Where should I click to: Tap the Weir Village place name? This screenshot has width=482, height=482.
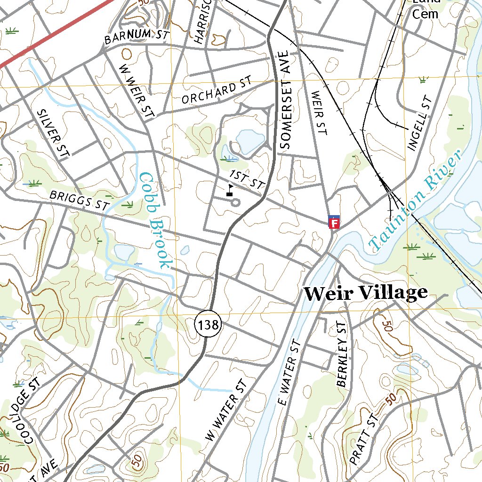point(365,293)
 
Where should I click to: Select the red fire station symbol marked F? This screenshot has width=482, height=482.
point(334,223)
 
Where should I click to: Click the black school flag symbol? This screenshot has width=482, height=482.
point(230,190)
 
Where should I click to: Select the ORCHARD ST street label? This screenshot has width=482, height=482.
point(217,91)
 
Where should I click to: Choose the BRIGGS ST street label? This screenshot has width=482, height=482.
point(79,200)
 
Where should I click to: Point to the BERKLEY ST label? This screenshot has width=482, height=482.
point(342,355)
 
